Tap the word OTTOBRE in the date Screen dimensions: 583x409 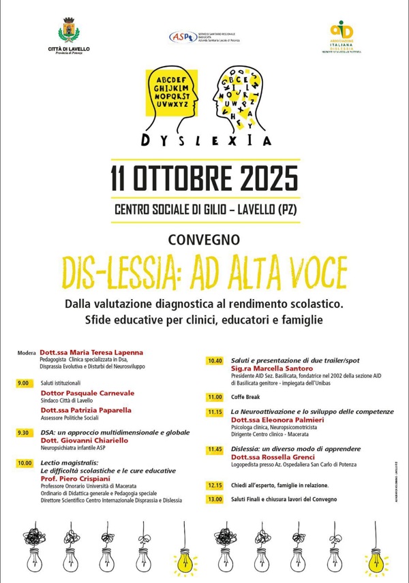[x=177, y=178]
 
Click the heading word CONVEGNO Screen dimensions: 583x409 [x=204, y=239]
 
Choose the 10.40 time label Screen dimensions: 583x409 [x=215, y=361]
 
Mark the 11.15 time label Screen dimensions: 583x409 [x=215, y=412]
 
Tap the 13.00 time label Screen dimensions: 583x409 [x=215, y=499]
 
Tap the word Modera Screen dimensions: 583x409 [x=27, y=353]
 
